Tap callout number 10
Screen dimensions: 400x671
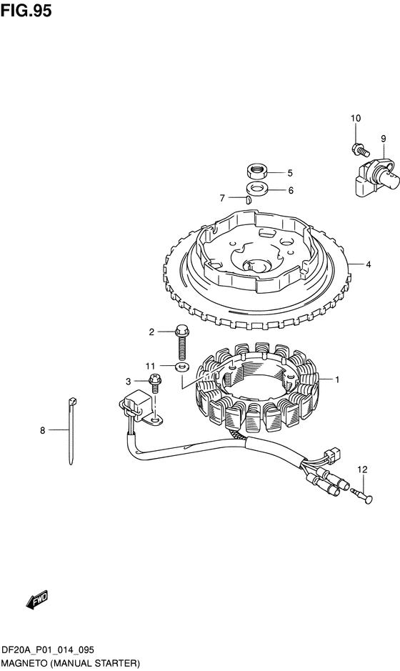point(356,118)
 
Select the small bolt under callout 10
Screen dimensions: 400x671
point(359,149)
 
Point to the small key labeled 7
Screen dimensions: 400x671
point(247,199)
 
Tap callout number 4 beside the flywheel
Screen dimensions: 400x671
point(369,264)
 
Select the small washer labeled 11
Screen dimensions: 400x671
point(182,367)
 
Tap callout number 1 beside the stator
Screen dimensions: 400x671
point(337,379)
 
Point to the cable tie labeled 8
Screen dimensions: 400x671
point(71,431)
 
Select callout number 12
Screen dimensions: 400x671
point(362,469)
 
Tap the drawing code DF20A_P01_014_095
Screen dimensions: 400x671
point(47,650)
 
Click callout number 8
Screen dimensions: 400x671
point(42,430)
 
